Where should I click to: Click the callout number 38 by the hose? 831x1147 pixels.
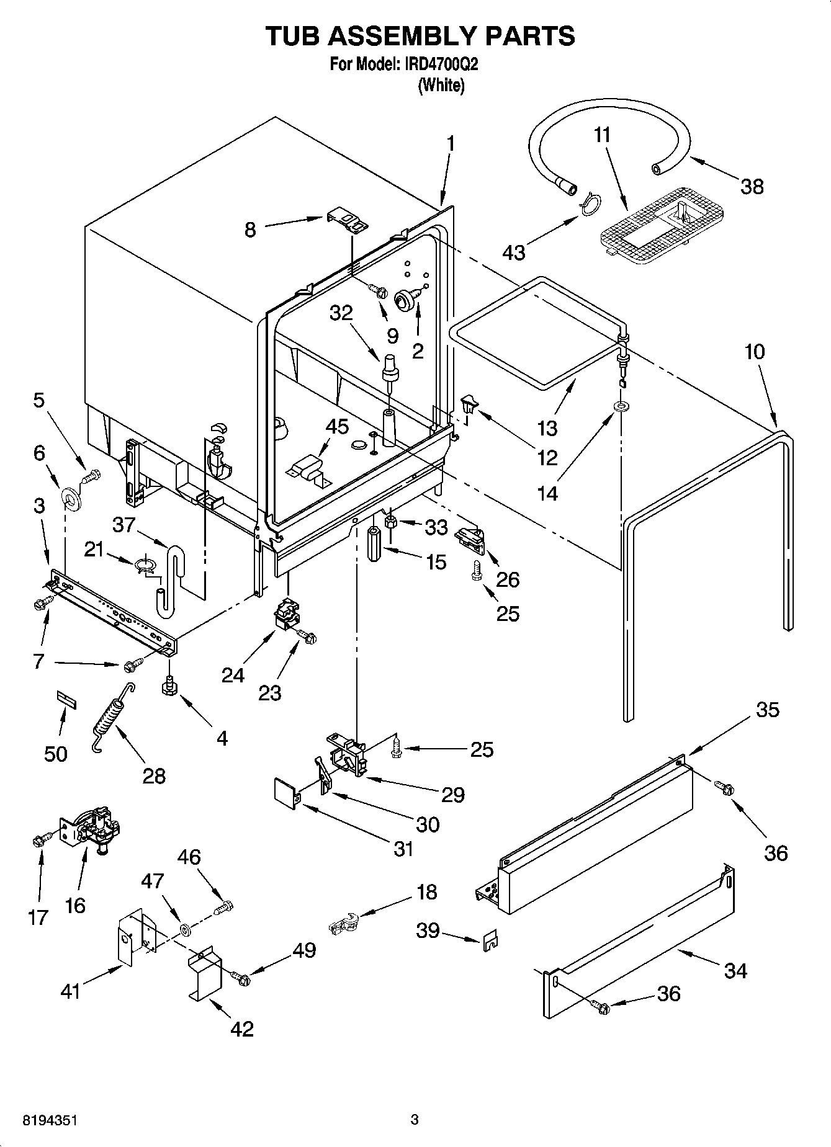click(x=752, y=186)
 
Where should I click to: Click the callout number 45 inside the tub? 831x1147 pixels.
click(x=337, y=427)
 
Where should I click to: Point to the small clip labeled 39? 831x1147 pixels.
click(x=489, y=940)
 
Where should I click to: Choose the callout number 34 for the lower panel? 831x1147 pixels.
click(x=735, y=970)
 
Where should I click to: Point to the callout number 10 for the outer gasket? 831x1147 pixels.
click(x=755, y=352)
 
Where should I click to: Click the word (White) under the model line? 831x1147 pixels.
click(x=441, y=85)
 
